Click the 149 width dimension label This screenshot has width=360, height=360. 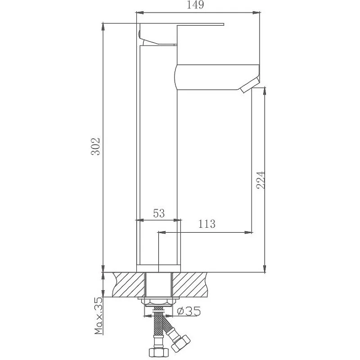[195, 5]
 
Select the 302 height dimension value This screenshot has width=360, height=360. [95, 147]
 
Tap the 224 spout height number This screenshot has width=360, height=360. [261, 180]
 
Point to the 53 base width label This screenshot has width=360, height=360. [159, 213]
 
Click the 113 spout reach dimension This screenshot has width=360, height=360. [207, 224]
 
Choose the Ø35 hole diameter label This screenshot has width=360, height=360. [189, 311]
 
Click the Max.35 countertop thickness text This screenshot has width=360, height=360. [98, 316]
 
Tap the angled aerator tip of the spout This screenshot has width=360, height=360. [250, 85]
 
